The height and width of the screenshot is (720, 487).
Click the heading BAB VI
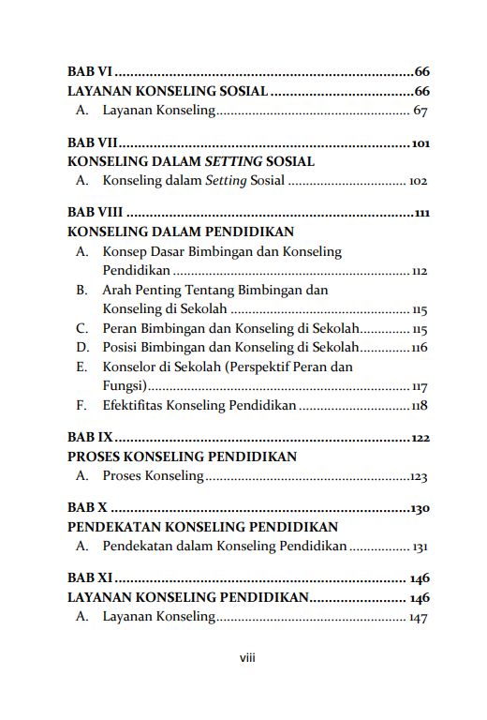(x=90, y=71)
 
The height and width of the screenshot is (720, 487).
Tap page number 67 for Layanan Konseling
(x=420, y=112)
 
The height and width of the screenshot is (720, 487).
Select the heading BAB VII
(x=92, y=143)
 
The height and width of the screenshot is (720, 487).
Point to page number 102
(x=418, y=180)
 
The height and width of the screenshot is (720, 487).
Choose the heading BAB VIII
(x=96, y=213)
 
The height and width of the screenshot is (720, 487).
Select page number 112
(x=419, y=272)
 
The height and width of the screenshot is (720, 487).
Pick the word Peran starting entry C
(x=121, y=329)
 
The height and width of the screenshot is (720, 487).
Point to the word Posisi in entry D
(x=122, y=348)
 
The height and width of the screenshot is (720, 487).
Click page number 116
(x=419, y=349)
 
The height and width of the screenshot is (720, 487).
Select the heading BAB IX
(x=90, y=438)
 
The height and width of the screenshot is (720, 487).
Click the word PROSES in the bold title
(x=98, y=457)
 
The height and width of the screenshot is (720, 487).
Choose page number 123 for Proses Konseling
(x=419, y=477)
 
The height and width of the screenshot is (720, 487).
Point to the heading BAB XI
(x=90, y=578)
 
